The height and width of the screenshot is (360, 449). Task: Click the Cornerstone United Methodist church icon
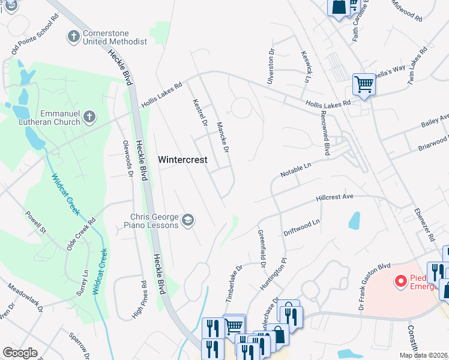tap(74, 37)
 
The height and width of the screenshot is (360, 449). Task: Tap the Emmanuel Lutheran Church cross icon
tap(89, 117)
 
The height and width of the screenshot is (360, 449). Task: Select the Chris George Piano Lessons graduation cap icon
tap(188, 220)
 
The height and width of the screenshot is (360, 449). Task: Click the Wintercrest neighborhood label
tap(182, 160)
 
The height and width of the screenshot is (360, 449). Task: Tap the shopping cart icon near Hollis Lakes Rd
tap(364, 84)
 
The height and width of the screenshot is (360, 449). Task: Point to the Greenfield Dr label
tap(262, 247)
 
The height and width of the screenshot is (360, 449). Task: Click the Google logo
tap(20, 353)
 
